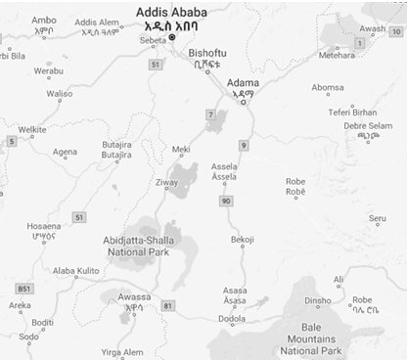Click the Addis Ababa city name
pos(171,12)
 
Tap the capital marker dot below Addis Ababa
pos(172,38)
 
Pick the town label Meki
pos(181,150)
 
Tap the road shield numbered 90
pos(225,201)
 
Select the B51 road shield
pos(24,289)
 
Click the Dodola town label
pos(233,318)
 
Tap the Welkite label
pos(32,129)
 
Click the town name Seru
pos(377,218)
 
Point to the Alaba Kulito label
pos(76,270)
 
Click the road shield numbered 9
pos(244,146)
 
